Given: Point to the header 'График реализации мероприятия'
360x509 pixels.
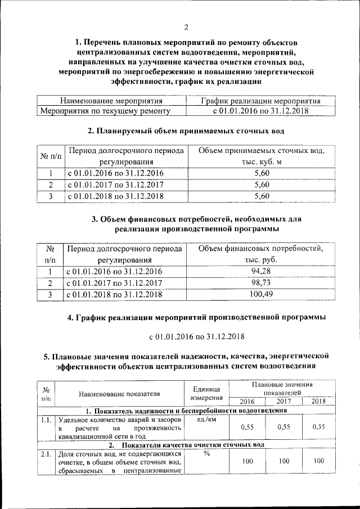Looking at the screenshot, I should click(260, 101).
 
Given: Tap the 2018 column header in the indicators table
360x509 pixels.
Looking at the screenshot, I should click(318, 401).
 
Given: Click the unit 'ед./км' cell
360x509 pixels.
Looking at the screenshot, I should click(206, 420).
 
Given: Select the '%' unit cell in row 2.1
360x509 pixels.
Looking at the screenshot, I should click(206, 453).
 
